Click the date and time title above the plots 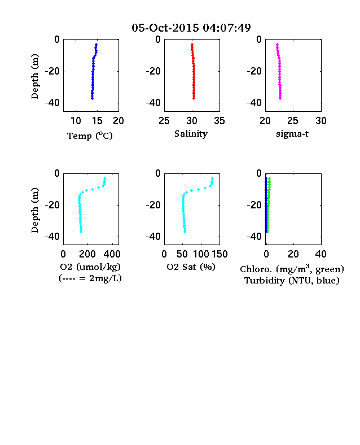tap(191, 28)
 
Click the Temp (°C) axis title tap(90, 136)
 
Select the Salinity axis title tap(191, 134)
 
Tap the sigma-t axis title tap(292, 134)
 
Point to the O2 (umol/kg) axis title tap(90, 267)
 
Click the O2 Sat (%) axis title tap(191, 267)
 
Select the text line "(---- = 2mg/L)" tap(90, 278)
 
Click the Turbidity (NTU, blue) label tap(292, 281)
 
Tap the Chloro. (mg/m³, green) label tap(292, 269)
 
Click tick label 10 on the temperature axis tap(76, 121)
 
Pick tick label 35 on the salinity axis tap(219, 121)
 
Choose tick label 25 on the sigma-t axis tap(293, 121)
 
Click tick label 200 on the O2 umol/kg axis tap(87, 254)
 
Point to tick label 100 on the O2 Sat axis tap(201, 254)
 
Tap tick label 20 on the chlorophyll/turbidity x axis tap(293, 254)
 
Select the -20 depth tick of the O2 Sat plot tap(153, 205)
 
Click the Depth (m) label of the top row tap(34, 76)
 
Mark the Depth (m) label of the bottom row tap(34, 210)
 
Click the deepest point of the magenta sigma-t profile tap(280, 98)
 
